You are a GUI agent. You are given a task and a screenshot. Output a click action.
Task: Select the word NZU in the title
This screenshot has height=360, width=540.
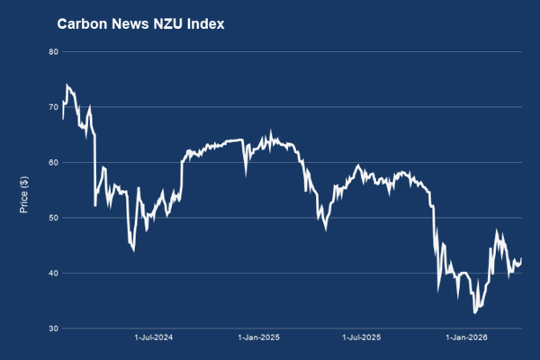coord(169,24)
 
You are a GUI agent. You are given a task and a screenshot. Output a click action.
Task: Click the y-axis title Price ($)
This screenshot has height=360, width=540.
coord(25,189)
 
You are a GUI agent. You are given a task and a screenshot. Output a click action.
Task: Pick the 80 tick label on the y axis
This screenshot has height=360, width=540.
coord(52,51)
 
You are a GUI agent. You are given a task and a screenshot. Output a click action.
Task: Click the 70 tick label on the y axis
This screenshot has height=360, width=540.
coord(52,107)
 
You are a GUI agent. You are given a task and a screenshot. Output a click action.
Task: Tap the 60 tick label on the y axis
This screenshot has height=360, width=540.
coord(52,163)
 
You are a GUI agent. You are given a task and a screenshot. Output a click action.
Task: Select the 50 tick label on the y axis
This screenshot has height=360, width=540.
coord(52,218)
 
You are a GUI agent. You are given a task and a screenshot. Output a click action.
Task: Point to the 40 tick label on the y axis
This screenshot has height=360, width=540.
coord(52,274)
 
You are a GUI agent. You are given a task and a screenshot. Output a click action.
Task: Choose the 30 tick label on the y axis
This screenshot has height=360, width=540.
coord(52,328)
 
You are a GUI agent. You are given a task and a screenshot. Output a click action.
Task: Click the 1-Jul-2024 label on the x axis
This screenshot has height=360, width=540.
coord(154,338)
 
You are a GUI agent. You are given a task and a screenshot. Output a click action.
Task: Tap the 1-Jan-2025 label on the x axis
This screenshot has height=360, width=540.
coord(259,338)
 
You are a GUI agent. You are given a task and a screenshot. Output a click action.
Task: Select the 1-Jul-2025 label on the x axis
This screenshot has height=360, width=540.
coord(363,338)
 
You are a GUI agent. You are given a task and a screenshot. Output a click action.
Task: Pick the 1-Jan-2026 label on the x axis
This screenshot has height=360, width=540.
coord(467,338)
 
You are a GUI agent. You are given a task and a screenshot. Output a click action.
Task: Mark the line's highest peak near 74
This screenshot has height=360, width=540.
coord(67,85)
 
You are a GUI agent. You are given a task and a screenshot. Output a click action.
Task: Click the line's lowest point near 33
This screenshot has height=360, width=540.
coord(474,312)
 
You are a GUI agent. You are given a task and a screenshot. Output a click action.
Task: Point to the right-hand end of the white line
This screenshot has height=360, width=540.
coord(521,259)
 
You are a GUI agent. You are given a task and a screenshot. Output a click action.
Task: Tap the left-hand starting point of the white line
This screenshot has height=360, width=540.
coord(62,118)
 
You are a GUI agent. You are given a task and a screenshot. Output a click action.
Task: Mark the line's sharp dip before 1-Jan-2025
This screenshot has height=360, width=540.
coord(246,174)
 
